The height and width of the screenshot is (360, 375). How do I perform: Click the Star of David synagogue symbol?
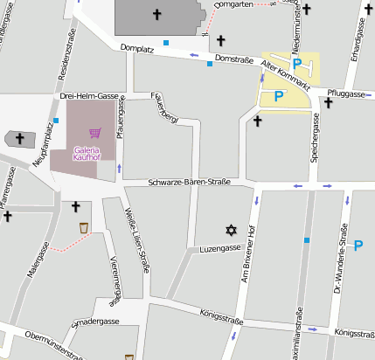click(x=231, y=230)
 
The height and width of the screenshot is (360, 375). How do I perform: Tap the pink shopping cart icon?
click(x=94, y=133)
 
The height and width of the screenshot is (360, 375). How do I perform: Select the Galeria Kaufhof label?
click(x=87, y=154)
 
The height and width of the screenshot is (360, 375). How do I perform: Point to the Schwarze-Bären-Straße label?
click(x=189, y=182)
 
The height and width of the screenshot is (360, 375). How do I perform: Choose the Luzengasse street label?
click(x=219, y=248)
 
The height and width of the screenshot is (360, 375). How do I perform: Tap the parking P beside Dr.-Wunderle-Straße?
click(x=358, y=246)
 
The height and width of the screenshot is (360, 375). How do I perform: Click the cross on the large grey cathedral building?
click(x=157, y=14)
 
